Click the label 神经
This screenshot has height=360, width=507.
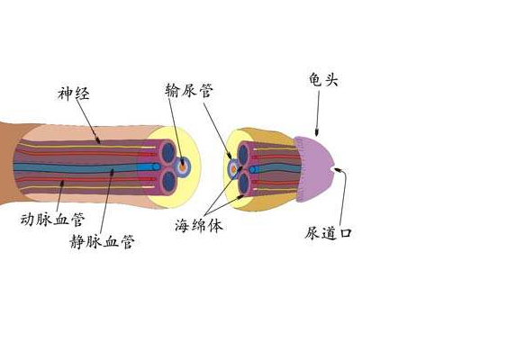74,94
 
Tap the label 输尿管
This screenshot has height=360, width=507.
189,91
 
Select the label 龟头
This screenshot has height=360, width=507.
323,79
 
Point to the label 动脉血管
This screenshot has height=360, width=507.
53,219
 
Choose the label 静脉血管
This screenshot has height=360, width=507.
102,241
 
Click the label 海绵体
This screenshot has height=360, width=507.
199,225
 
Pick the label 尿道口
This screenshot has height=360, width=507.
328,232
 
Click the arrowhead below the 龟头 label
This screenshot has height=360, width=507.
317,131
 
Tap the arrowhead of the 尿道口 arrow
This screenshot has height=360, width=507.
338,169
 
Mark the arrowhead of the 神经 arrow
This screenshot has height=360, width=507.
97,140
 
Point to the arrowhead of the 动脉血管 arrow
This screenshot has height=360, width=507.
62,184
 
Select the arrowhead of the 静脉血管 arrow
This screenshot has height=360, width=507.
113,172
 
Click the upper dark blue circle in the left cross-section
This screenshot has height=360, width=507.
168,151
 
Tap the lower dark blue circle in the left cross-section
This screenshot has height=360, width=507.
168,181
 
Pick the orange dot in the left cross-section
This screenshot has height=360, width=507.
183,167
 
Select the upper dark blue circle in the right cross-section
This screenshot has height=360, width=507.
243,154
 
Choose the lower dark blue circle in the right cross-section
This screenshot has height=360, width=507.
243,183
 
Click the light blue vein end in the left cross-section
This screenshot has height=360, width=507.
156,166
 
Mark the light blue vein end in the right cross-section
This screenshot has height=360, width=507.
252,169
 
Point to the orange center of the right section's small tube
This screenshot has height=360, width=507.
233,169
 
